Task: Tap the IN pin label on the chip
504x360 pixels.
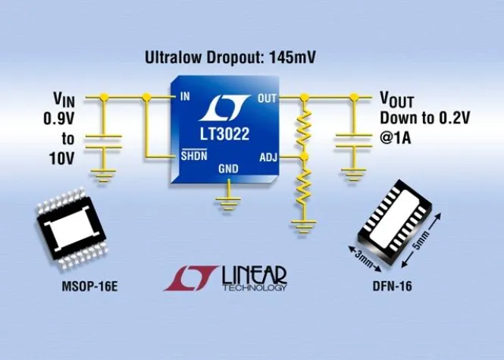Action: coord(185,97)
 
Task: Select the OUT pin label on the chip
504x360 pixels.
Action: coord(268,98)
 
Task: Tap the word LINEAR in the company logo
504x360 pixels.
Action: coord(255,274)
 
